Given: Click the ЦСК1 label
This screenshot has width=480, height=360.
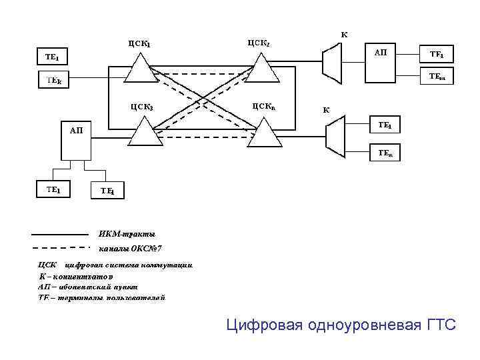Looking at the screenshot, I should point(140,44).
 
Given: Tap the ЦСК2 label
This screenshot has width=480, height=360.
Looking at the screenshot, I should point(258,43).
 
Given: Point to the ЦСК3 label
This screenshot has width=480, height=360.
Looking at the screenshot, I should point(141,106).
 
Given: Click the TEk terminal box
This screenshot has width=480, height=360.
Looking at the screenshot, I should point(55,81).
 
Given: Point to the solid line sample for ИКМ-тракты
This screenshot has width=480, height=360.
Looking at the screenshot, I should point(60,235).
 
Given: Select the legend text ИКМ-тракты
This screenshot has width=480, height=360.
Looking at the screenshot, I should point(127,234).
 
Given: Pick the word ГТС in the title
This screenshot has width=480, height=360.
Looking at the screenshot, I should point(439,325).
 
